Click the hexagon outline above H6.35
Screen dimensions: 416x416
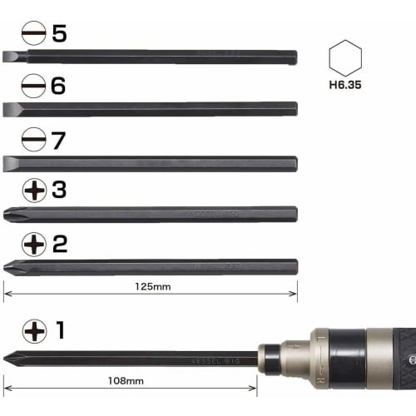coord(345,57)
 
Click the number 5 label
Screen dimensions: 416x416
coord(58,34)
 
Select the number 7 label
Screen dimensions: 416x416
coord(58,140)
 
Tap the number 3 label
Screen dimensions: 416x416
coord(58,191)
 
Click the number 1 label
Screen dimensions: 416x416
coord(60,330)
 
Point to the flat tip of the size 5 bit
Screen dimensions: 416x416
coord(8,57)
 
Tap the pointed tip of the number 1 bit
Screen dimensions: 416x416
coord(7,359)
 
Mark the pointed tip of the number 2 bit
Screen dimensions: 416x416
coord(7,267)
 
